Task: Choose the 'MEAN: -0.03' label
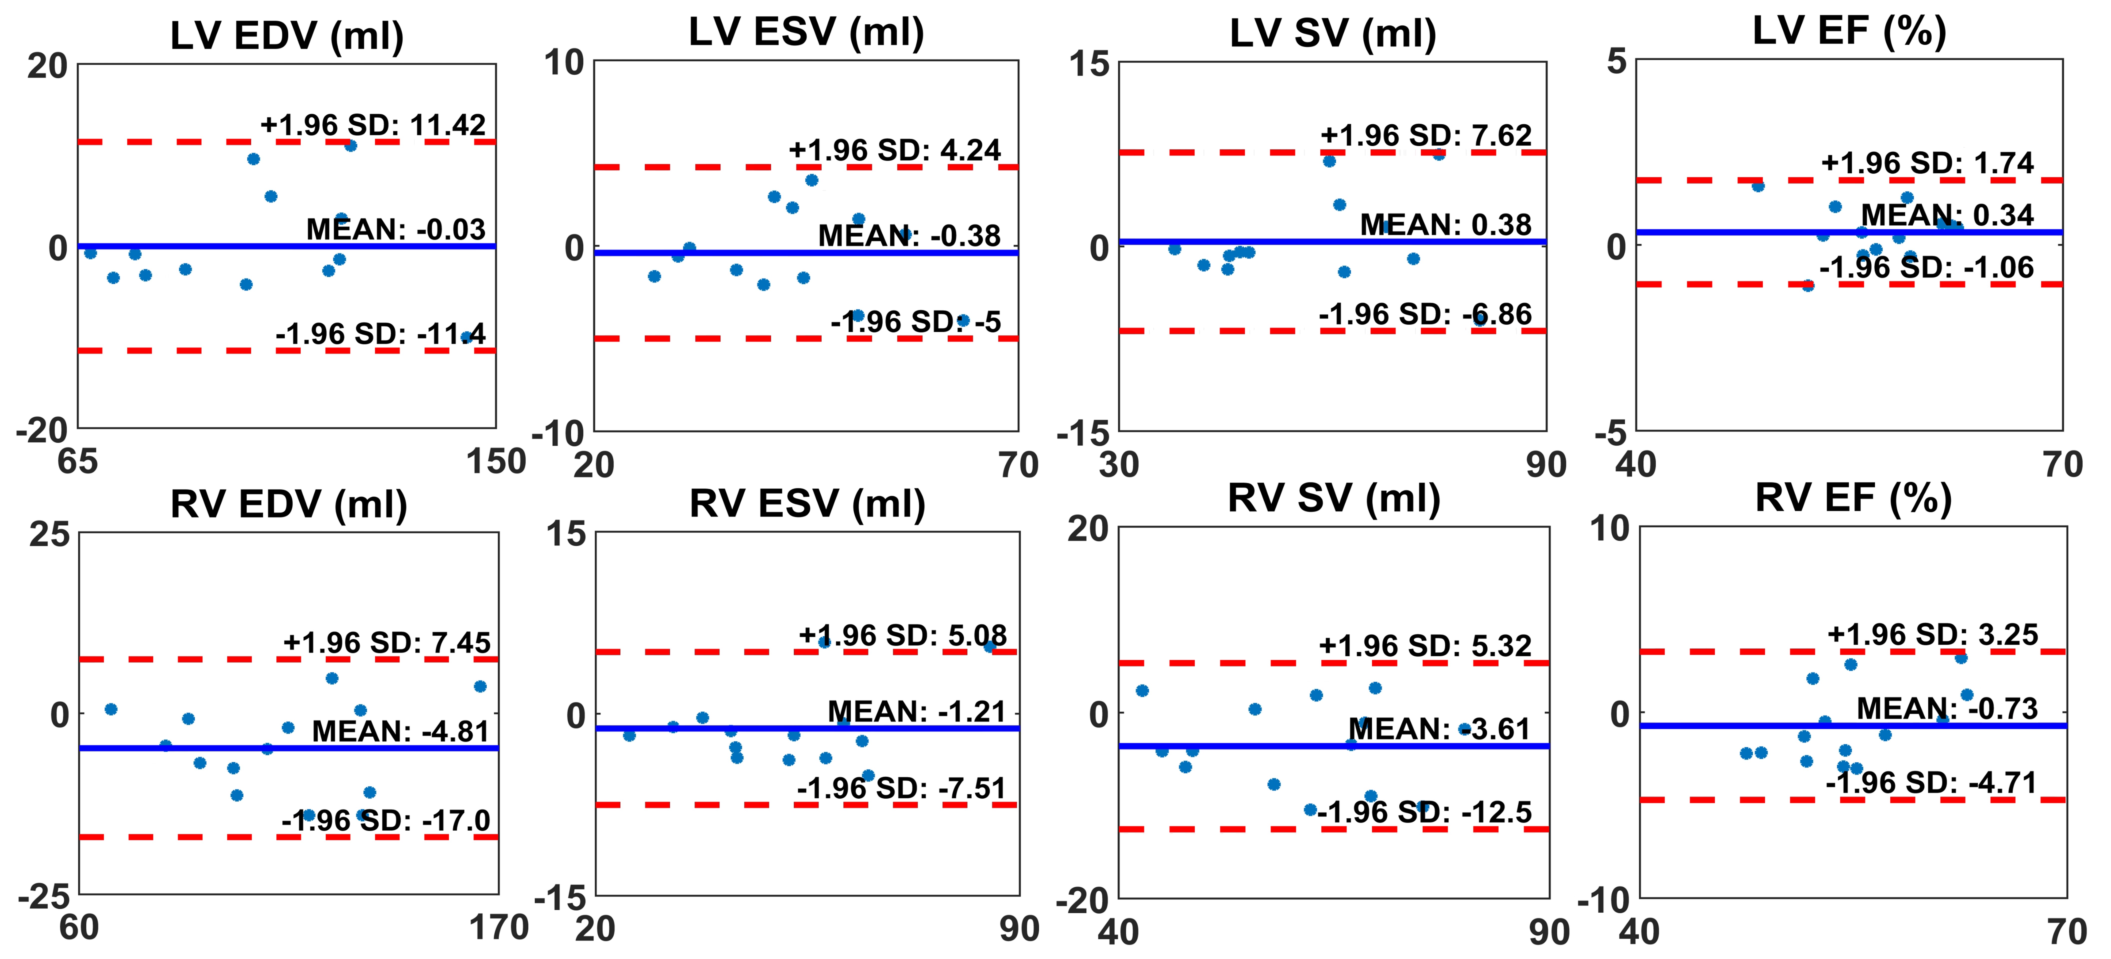coord(396,229)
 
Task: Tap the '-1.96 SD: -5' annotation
coord(915,321)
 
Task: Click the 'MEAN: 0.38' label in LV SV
coord(1446,225)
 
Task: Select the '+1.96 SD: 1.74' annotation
coord(1927,163)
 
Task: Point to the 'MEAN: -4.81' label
coord(401,730)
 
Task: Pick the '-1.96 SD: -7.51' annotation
coord(901,788)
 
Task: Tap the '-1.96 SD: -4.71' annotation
coord(1931,782)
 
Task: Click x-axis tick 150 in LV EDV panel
coord(496,462)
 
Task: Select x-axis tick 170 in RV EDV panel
coord(498,928)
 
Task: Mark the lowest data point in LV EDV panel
coord(466,337)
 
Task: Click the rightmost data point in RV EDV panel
coord(480,686)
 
